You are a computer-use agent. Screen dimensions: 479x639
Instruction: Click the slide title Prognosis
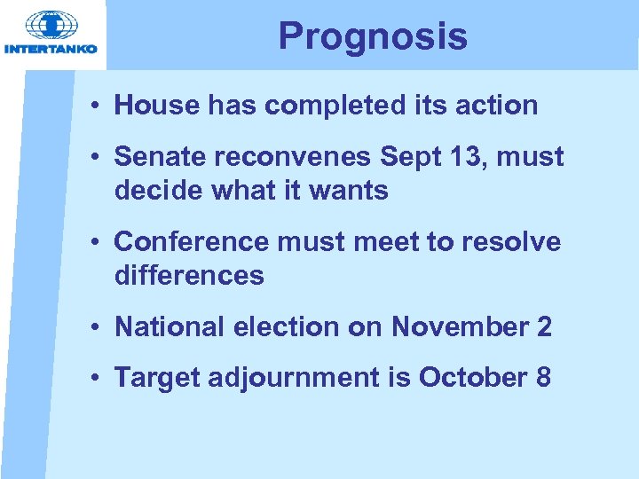click(372, 36)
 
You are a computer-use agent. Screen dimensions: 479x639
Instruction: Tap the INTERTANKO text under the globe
click(51, 49)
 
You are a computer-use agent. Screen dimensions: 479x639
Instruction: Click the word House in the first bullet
click(157, 106)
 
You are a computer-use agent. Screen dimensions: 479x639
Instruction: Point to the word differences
click(189, 276)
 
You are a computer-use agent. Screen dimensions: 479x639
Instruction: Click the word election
click(286, 326)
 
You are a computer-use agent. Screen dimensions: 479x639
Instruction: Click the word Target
click(156, 378)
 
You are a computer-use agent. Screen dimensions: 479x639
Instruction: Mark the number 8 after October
click(542, 378)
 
